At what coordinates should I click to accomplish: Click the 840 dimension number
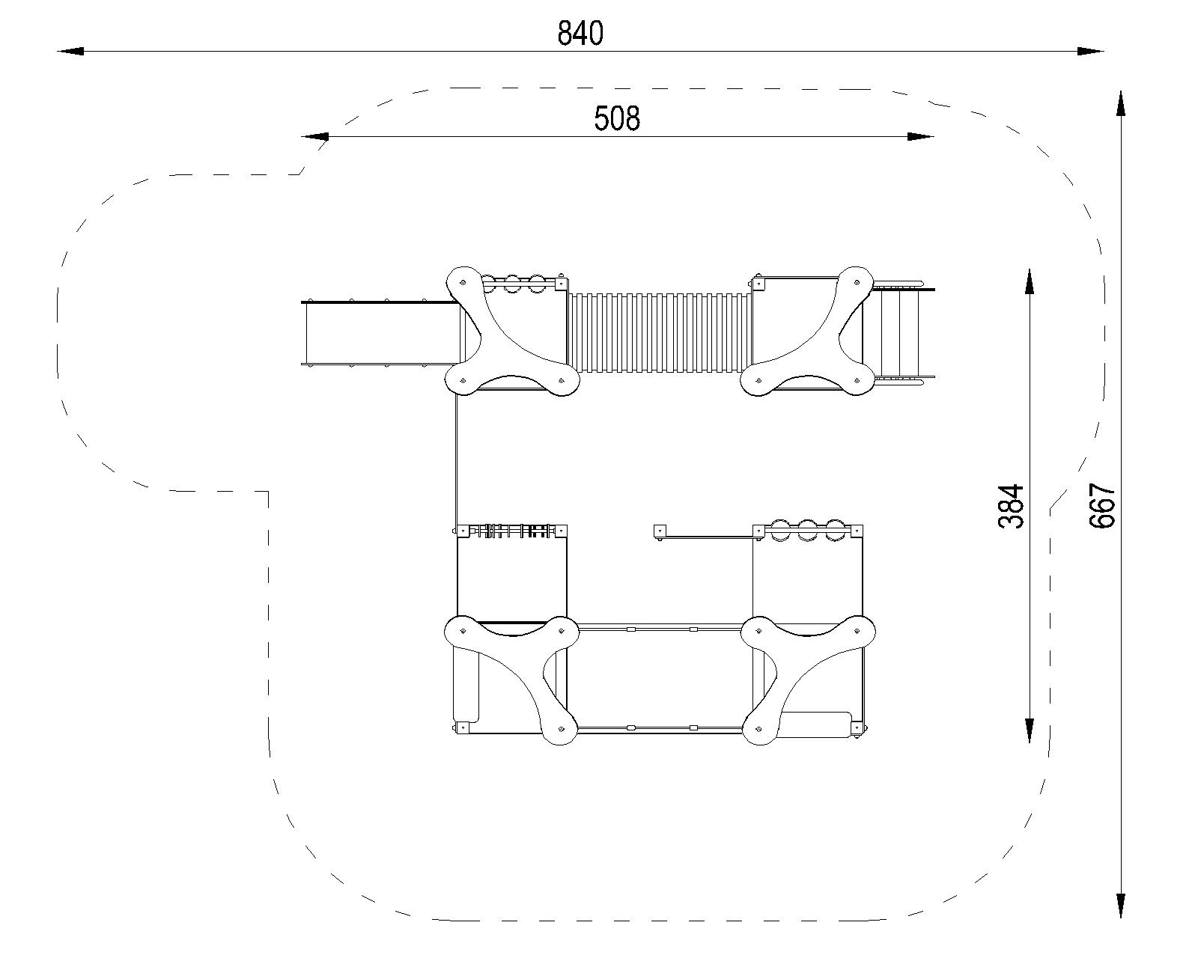pyautogui.click(x=580, y=34)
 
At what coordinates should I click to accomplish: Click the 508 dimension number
pyautogui.click(x=617, y=118)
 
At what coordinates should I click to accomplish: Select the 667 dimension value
pyautogui.click(x=1102, y=505)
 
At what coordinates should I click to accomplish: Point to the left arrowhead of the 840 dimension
pyautogui.click(x=70, y=51)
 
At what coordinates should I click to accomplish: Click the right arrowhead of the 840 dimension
pyautogui.click(x=1091, y=51)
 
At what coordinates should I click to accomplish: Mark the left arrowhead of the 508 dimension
pyautogui.click(x=314, y=136)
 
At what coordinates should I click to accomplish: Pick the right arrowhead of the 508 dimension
pyautogui.click(x=921, y=136)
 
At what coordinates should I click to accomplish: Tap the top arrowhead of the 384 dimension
pyautogui.click(x=1029, y=281)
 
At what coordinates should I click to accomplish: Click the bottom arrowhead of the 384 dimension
pyautogui.click(x=1029, y=730)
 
